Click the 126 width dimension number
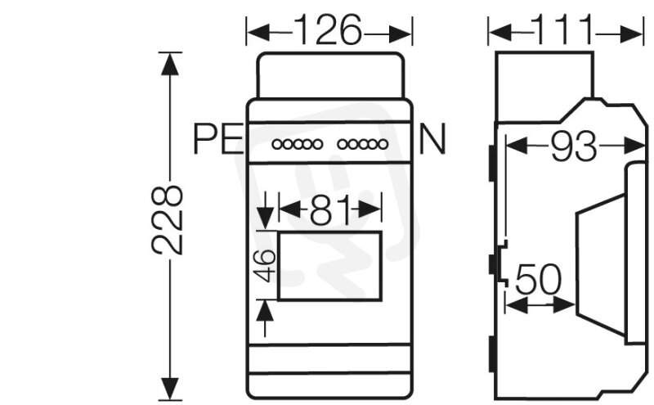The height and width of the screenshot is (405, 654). pos(328,29)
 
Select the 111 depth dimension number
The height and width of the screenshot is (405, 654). pos(564,29)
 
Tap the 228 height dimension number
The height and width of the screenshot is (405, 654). pos(168,220)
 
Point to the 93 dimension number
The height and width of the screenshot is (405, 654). pos(574,146)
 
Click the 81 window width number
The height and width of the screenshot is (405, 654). pos(330,209)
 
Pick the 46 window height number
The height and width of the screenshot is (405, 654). pos(265,265)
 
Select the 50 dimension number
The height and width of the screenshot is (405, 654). pos(539,279)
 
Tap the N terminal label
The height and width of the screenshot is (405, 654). pos(432,139)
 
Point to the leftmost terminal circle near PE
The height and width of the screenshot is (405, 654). pos(277,145)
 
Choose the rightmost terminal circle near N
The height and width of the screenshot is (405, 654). pos(383,145)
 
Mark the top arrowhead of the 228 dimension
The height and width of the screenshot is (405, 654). pos(170,64)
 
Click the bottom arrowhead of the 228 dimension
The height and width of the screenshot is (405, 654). pos(170,389)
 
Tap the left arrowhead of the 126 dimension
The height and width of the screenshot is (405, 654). pos(258,33)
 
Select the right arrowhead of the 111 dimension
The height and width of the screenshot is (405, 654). pos(631,34)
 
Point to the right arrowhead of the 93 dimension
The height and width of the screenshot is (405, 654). pos(634,146)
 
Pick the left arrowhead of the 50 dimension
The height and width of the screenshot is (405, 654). pos(516,306)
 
